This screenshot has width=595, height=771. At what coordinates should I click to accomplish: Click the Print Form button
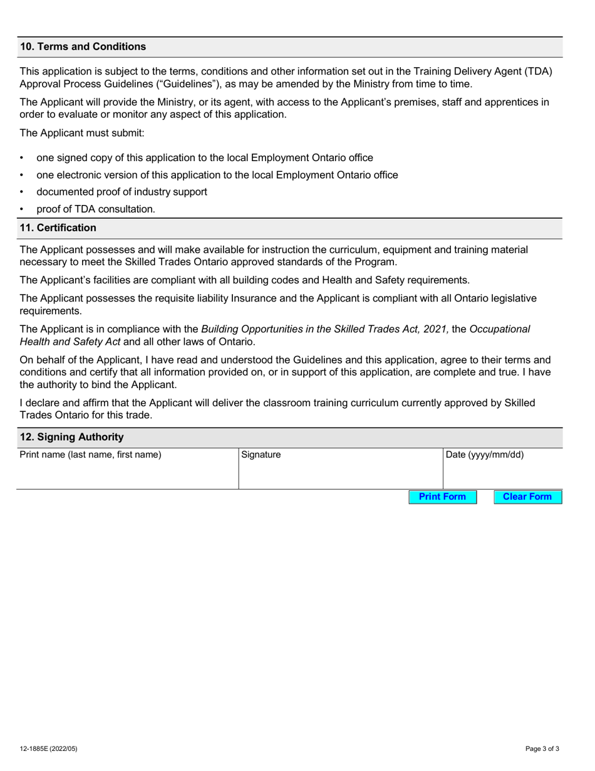[x=442, y=497]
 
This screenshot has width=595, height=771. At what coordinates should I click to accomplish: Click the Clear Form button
[x=527, y=497]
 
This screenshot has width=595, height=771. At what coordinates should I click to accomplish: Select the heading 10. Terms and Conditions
[x=83, y=47]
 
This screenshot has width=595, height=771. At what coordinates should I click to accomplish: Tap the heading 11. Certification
[x=58, y=228]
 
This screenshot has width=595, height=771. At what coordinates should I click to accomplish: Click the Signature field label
[x=261, y=455]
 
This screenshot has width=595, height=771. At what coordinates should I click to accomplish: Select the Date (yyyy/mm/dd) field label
[x=485, y=455]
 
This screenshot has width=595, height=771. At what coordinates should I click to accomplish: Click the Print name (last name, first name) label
[x=91, y=455]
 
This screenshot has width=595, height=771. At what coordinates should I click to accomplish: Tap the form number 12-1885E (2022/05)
[x=49, y=748]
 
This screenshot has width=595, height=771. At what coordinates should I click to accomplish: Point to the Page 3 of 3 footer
[x=542, y=748]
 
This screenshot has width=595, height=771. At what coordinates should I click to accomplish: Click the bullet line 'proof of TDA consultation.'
[x=96, y=209]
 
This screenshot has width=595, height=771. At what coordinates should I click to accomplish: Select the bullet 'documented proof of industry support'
[x=122, y=192]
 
